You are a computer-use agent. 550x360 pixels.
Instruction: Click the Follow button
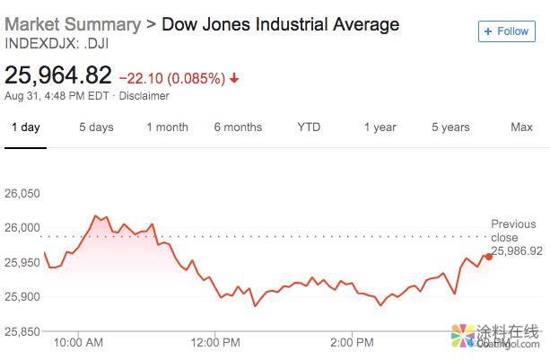pyautogui.click(x=506, y=31)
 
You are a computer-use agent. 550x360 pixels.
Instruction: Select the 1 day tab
pyautogui.click(x=25, y=127)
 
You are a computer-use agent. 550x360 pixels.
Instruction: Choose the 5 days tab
pyautogui.click(x=96, y=127)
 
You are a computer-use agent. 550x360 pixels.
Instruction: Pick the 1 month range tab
pyautogui.click(x=167, y=127)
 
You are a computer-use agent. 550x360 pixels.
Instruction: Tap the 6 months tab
pyautogui.click(x=238, y=127)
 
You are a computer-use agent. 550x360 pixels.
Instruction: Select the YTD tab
pyautogui.click(x=309, y=127)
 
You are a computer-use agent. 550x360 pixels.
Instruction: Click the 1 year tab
pyautogui.click(x=380, y=127)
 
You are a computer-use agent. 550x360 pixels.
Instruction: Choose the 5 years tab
pyautogui.click(x=450, y=127)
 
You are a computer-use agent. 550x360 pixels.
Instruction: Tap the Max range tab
pyautogui.click(x=521, y=127)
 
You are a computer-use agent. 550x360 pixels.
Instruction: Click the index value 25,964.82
pyautogui.click(x=58, y=75)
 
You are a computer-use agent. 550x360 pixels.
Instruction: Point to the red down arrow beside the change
pyautogui.click(x=235, y=78)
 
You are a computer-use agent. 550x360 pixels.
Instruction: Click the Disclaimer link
pyautogui.click(x=144, y=96)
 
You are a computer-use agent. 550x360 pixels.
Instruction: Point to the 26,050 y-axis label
pyautogui.click(x=22, y=194)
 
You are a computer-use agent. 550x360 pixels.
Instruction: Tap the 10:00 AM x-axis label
pyautogui.click(x=78, y=342)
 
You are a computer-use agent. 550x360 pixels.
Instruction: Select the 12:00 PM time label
pyautogui.click(x=216, y=342)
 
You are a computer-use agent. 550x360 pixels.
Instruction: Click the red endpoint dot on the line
pyautogui.click(x=489, y=256)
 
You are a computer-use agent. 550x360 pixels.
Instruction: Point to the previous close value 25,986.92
pyautogui.click(x=517, y=250)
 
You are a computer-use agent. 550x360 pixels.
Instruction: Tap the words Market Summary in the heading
pyautogui.click(x=73, y=24)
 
